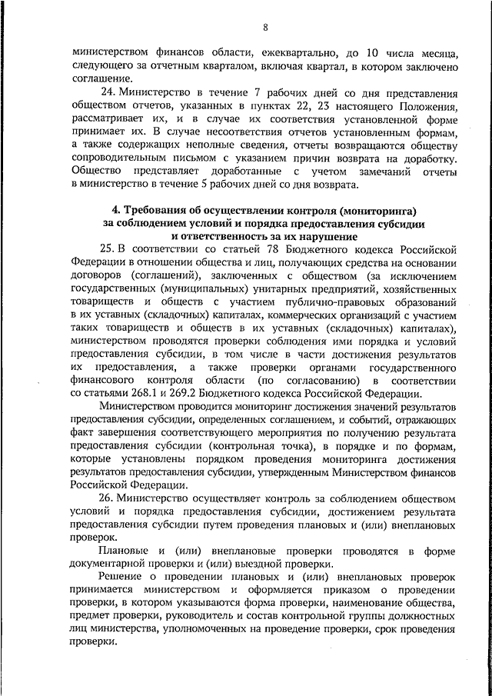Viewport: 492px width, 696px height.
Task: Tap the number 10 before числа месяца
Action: [x=371, y=53]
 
